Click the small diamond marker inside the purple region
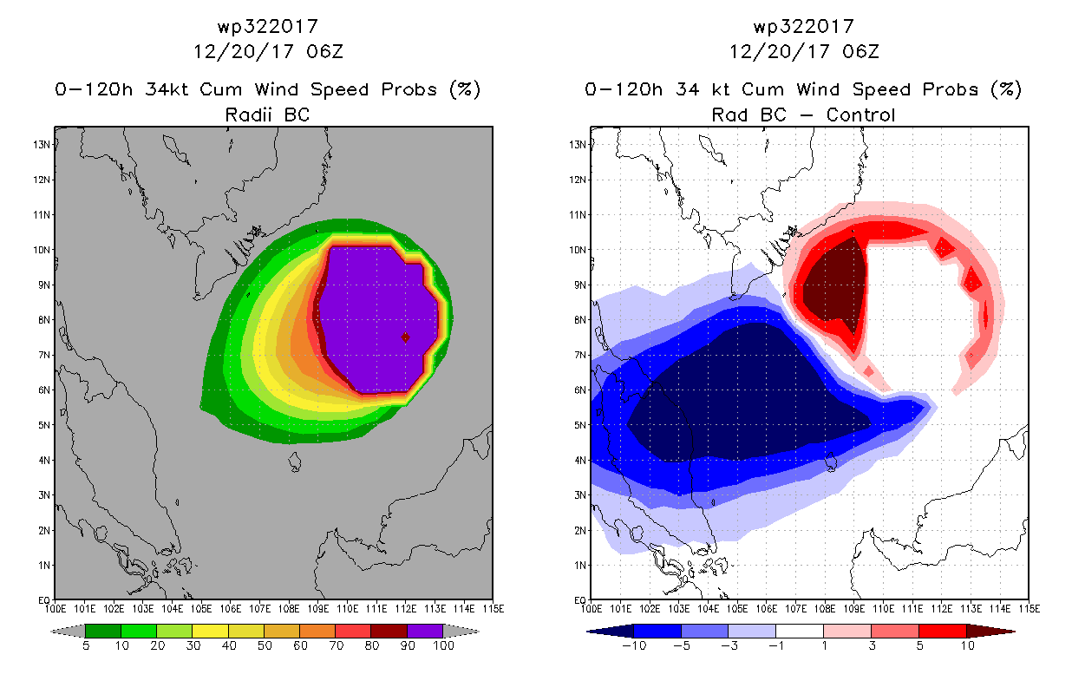(x=405, y=337)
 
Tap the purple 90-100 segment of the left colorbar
(x=425, y=631)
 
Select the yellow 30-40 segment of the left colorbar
(x=210, y=631)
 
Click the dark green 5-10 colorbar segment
(x=103, y=631)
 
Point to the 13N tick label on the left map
(x=41, y=145)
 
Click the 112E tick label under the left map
(x=405, y=609)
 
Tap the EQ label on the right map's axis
(x=579, y=600)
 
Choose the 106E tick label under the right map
(x=766, y=609)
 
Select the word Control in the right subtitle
(x=860, y=115)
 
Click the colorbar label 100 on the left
(x=444, y=645)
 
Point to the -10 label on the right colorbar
(x=634, y=645)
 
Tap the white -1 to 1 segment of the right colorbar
(x=800, y=631)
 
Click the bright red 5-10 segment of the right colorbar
(x=942, y=631)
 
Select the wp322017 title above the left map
(x=268, y=26)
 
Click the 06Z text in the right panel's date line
(x=861, y=51)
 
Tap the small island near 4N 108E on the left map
(x=295, y=462)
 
